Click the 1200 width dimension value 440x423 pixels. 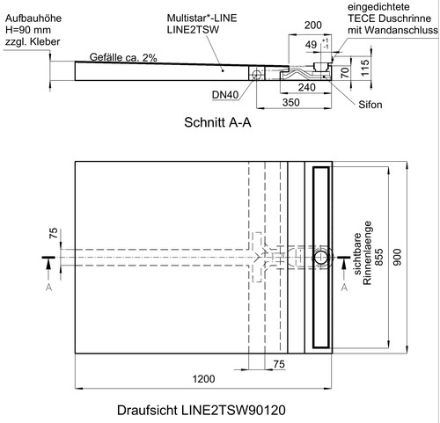click(203, 379)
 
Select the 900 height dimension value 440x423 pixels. click(397, 257)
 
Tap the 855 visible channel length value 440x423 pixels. click(379, 257)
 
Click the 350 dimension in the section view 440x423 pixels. click(291, 103)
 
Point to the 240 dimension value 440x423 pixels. click(307, 87)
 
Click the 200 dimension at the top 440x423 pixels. click(313, 26)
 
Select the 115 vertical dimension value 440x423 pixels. click(364, 68)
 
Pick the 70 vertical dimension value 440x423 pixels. click(345, 72)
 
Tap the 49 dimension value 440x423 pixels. click(311, 45)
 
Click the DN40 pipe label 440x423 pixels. click(225, 95)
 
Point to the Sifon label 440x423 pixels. click(370, 105)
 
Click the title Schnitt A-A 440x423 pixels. click(217, 122)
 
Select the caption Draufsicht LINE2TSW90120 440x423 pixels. click(202, 410)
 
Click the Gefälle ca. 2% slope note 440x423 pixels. click(123, 57)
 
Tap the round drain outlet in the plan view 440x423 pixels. click(322, 258)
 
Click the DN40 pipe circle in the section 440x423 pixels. click(256, 74)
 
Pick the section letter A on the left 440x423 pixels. click(49, 288)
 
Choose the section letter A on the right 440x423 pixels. click(344, 288)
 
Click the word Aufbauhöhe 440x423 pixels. click(33, 18)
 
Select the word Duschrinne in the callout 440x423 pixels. click(405, 18)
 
